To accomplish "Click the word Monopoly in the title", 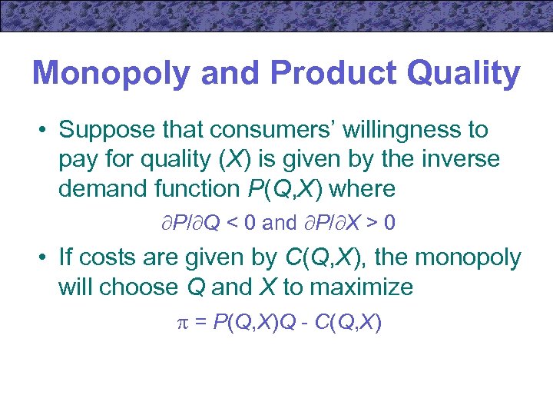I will click(110, 74).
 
